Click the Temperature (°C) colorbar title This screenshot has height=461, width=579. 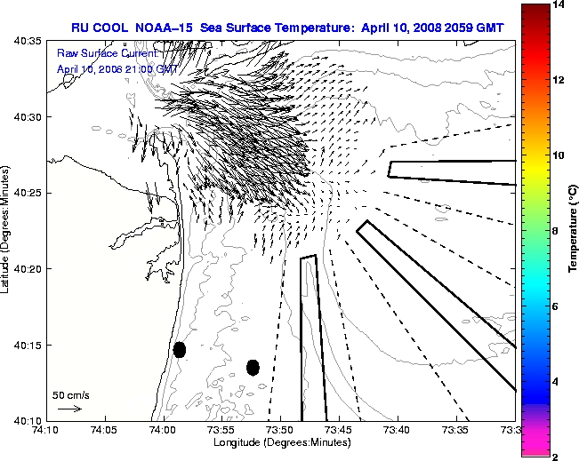(575, 231)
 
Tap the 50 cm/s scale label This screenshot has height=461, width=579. (70, 394)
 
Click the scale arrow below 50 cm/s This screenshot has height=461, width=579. (69, 409)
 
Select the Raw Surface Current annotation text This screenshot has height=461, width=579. (108, 54)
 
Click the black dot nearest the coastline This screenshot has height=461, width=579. (180, 349)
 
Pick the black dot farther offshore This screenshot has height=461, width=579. (253, 367)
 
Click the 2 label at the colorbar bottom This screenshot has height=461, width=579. (556, 457)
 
